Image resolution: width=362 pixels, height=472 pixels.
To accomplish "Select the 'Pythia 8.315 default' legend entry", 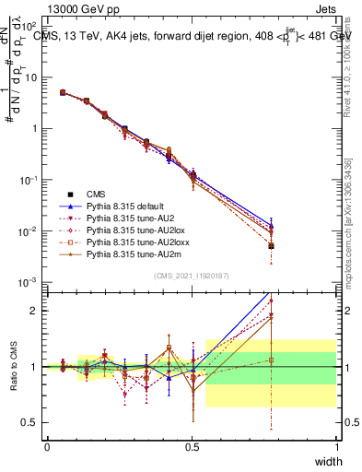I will point(121,208).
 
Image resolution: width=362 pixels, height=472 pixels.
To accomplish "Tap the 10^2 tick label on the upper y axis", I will point(30,27).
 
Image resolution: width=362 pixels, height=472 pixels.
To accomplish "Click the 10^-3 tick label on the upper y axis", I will point(30,281).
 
